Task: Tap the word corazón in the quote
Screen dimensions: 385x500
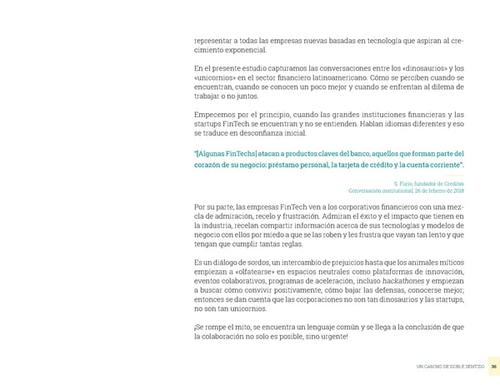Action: (x=210, y=167)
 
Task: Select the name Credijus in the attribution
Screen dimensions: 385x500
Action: (x=452, y=183)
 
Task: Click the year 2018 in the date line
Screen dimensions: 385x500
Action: (x=457, y=190)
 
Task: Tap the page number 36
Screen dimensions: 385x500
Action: (x=493, y=367)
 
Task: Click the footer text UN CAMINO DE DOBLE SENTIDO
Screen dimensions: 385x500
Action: (x=449, y=367)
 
